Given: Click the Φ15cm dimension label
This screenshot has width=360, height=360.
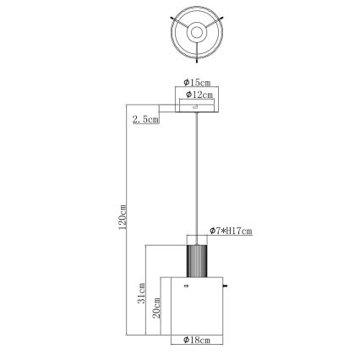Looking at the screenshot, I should [196, 83].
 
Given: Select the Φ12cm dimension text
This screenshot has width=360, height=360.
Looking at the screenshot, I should [197, 95].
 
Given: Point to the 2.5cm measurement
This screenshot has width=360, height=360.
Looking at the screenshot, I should [145, 120].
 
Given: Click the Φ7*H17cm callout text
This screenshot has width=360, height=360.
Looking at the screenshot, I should [232, 231].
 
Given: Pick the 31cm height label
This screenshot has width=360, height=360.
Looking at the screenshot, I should [143, 294].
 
